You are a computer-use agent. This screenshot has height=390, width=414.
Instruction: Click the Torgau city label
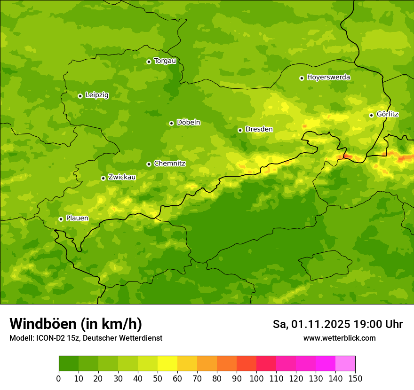pyautogui.click(x=165, y=61)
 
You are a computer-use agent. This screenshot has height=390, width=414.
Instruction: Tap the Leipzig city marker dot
pyautogui.click(x=80, y=96)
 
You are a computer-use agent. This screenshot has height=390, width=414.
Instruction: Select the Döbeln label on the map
pyautogui.click(x=188, y=123)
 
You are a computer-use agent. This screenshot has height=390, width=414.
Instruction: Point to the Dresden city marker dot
pyautogui.click(x=240, y=130)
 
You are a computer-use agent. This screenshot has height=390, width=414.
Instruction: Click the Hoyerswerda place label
pyautogui.click(x=328, y=78)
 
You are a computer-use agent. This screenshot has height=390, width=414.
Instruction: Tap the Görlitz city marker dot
pyautogui.click(x=371, y=115)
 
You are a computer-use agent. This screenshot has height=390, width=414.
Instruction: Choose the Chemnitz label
pyautogui.click(x=169, y=164)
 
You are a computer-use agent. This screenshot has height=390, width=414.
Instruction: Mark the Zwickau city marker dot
pyautogui.click(x=103, y=178)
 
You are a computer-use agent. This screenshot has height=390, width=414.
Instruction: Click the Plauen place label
pyautogui.click(x=77, y=218)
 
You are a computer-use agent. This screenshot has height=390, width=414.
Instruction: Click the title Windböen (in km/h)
pyautogui.click(x=75, y=324)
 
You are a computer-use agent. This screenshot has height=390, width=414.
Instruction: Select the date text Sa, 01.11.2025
pyautogui.click(x=311, y=324)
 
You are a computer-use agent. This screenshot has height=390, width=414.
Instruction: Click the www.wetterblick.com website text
pyautogui.click(x=339, y=338)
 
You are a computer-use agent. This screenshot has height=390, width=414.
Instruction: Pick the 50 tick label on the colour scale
pyautogui.click(x=158, y=378)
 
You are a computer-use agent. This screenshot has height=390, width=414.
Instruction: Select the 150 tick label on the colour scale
pyautogui.click(x=355, y=378)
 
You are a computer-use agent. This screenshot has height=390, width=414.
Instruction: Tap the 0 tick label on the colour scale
pyautogui.click(x=59, y=378)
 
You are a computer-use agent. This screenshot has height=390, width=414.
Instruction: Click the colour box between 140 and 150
pyautogui.click(x=345, y=364)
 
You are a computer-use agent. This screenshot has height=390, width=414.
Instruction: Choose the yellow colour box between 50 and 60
pyautogui.click(x=167, y=364)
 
